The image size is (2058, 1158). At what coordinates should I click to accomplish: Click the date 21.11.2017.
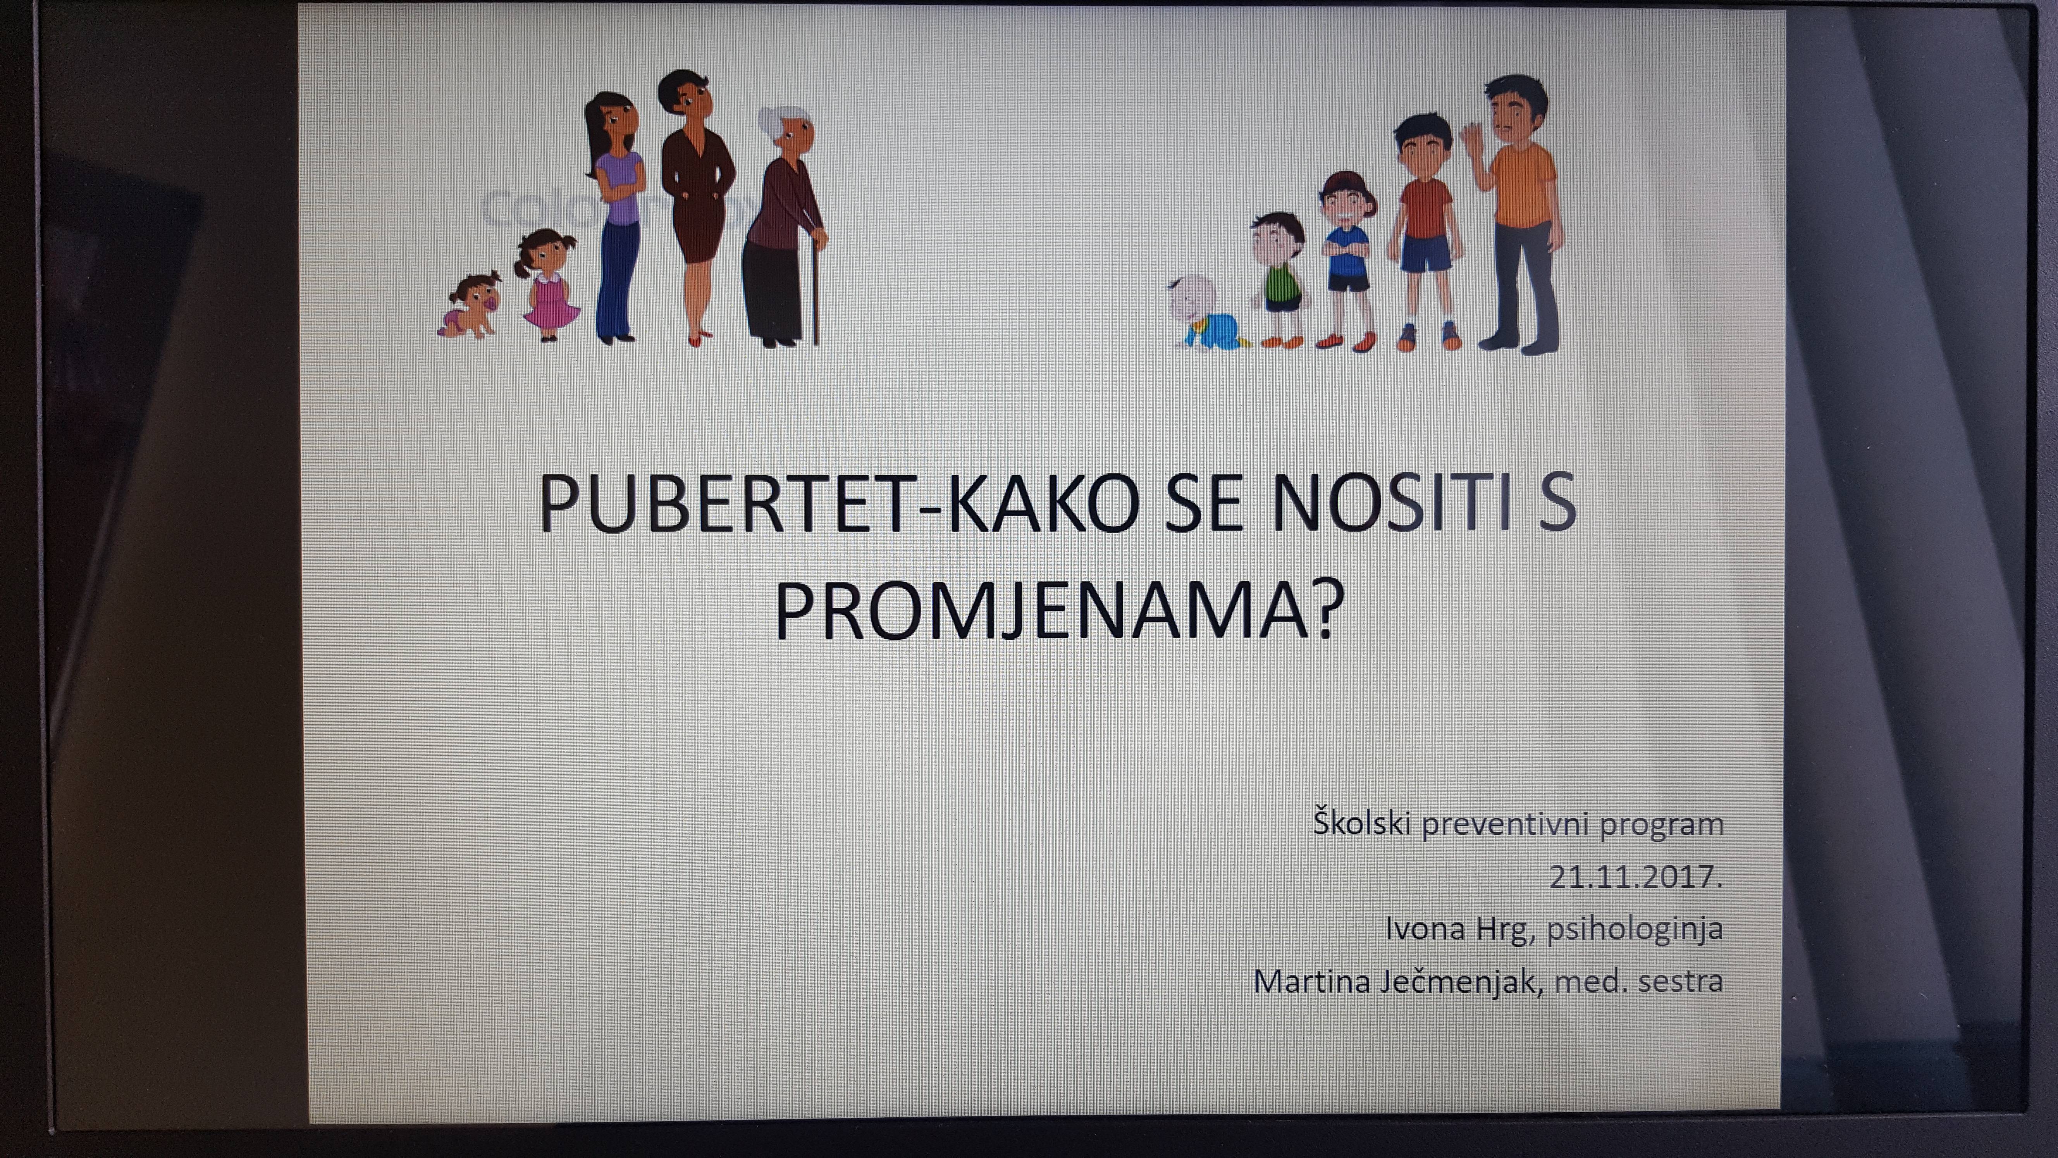pos(1635,877)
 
